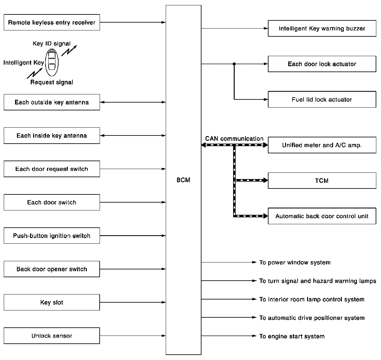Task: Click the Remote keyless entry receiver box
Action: point(52,22)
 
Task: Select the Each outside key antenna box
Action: point(52,102)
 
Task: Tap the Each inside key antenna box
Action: point(52,136)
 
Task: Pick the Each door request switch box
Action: point(52,169)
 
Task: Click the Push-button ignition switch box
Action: point(52,236)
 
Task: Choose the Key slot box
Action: point(52,303)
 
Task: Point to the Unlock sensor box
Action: point(52,336)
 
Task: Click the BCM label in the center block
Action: point(183,180)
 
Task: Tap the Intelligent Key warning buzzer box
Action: point(322,29)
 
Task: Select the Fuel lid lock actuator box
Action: point(322,99)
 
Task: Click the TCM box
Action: point(322,181)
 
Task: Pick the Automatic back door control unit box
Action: point(322,216)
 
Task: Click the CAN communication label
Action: point(234,139)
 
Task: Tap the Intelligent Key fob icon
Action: point(52,62)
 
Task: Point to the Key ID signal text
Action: point(52,44)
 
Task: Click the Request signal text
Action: point(52,82)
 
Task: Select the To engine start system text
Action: point(292,336)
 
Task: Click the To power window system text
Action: point(295,262)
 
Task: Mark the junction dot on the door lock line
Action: point(234,64)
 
